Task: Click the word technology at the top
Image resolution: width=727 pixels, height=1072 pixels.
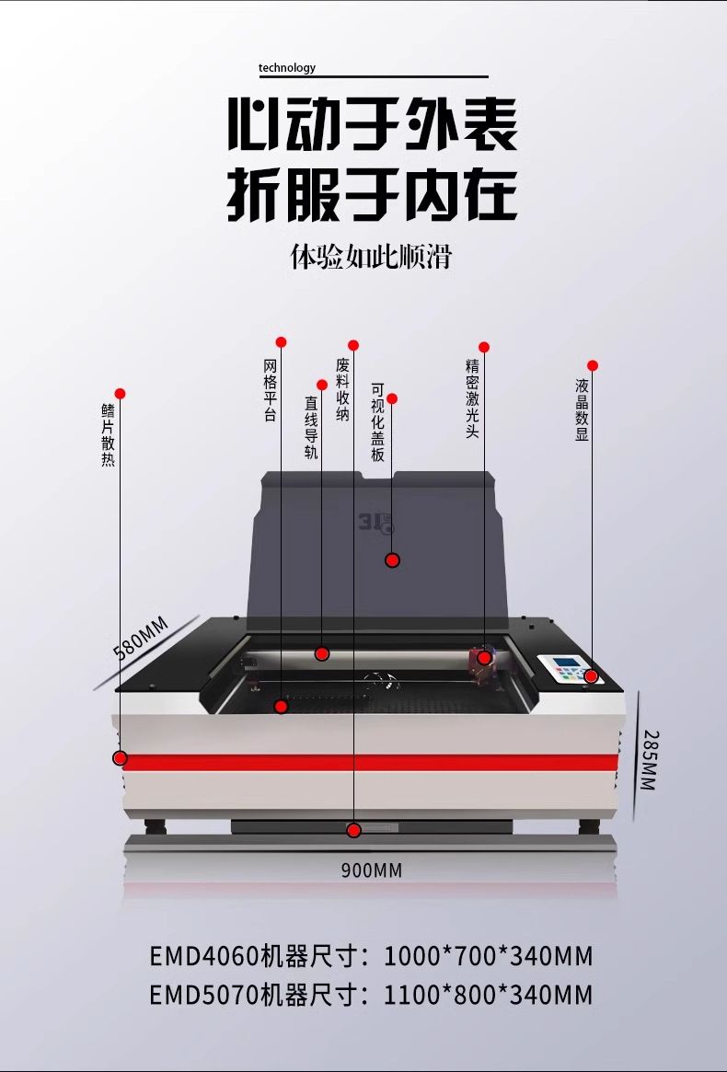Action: pyautogui.click(x=286, y=67)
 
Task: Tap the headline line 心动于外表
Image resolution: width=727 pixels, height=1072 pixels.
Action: pyautogui.click(x=373, y=126)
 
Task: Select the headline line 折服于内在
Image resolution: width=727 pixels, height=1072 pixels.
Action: pyautogui.click(x=373, y=193)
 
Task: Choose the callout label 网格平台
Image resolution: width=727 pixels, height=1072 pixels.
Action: pyautogui.click(x=270, y=390)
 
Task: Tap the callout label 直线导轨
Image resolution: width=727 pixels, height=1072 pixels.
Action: pyautogui.click(x=311, y=427)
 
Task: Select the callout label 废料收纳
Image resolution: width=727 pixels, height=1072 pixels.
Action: pyautogui.click(x=342, y=390)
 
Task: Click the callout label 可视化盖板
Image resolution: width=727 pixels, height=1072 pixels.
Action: pyautogui.click(x=377, y=422)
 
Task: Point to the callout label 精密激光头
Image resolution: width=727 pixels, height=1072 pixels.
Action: pyautogui.click(x=472, y=398)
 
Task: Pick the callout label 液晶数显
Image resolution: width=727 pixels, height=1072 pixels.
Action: pyautogui.click(x=582, y=409)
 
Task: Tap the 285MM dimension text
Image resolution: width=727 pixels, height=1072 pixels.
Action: pyautogui.click(x=649, y=760)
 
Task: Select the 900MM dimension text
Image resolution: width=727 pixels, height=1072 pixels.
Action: pyautogui.click(x=372, y=870)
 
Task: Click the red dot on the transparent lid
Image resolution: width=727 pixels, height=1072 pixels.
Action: pyautogui.click(x=392, y=560)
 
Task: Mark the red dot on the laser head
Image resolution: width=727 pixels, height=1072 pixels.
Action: pyautogui.click(x=484, y=657)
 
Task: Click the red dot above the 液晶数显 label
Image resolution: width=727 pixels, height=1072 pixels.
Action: pyautogui.click(x=593, y=365)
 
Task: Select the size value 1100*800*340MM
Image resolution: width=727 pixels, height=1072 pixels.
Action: pyautogui.click(x=488, y=995)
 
